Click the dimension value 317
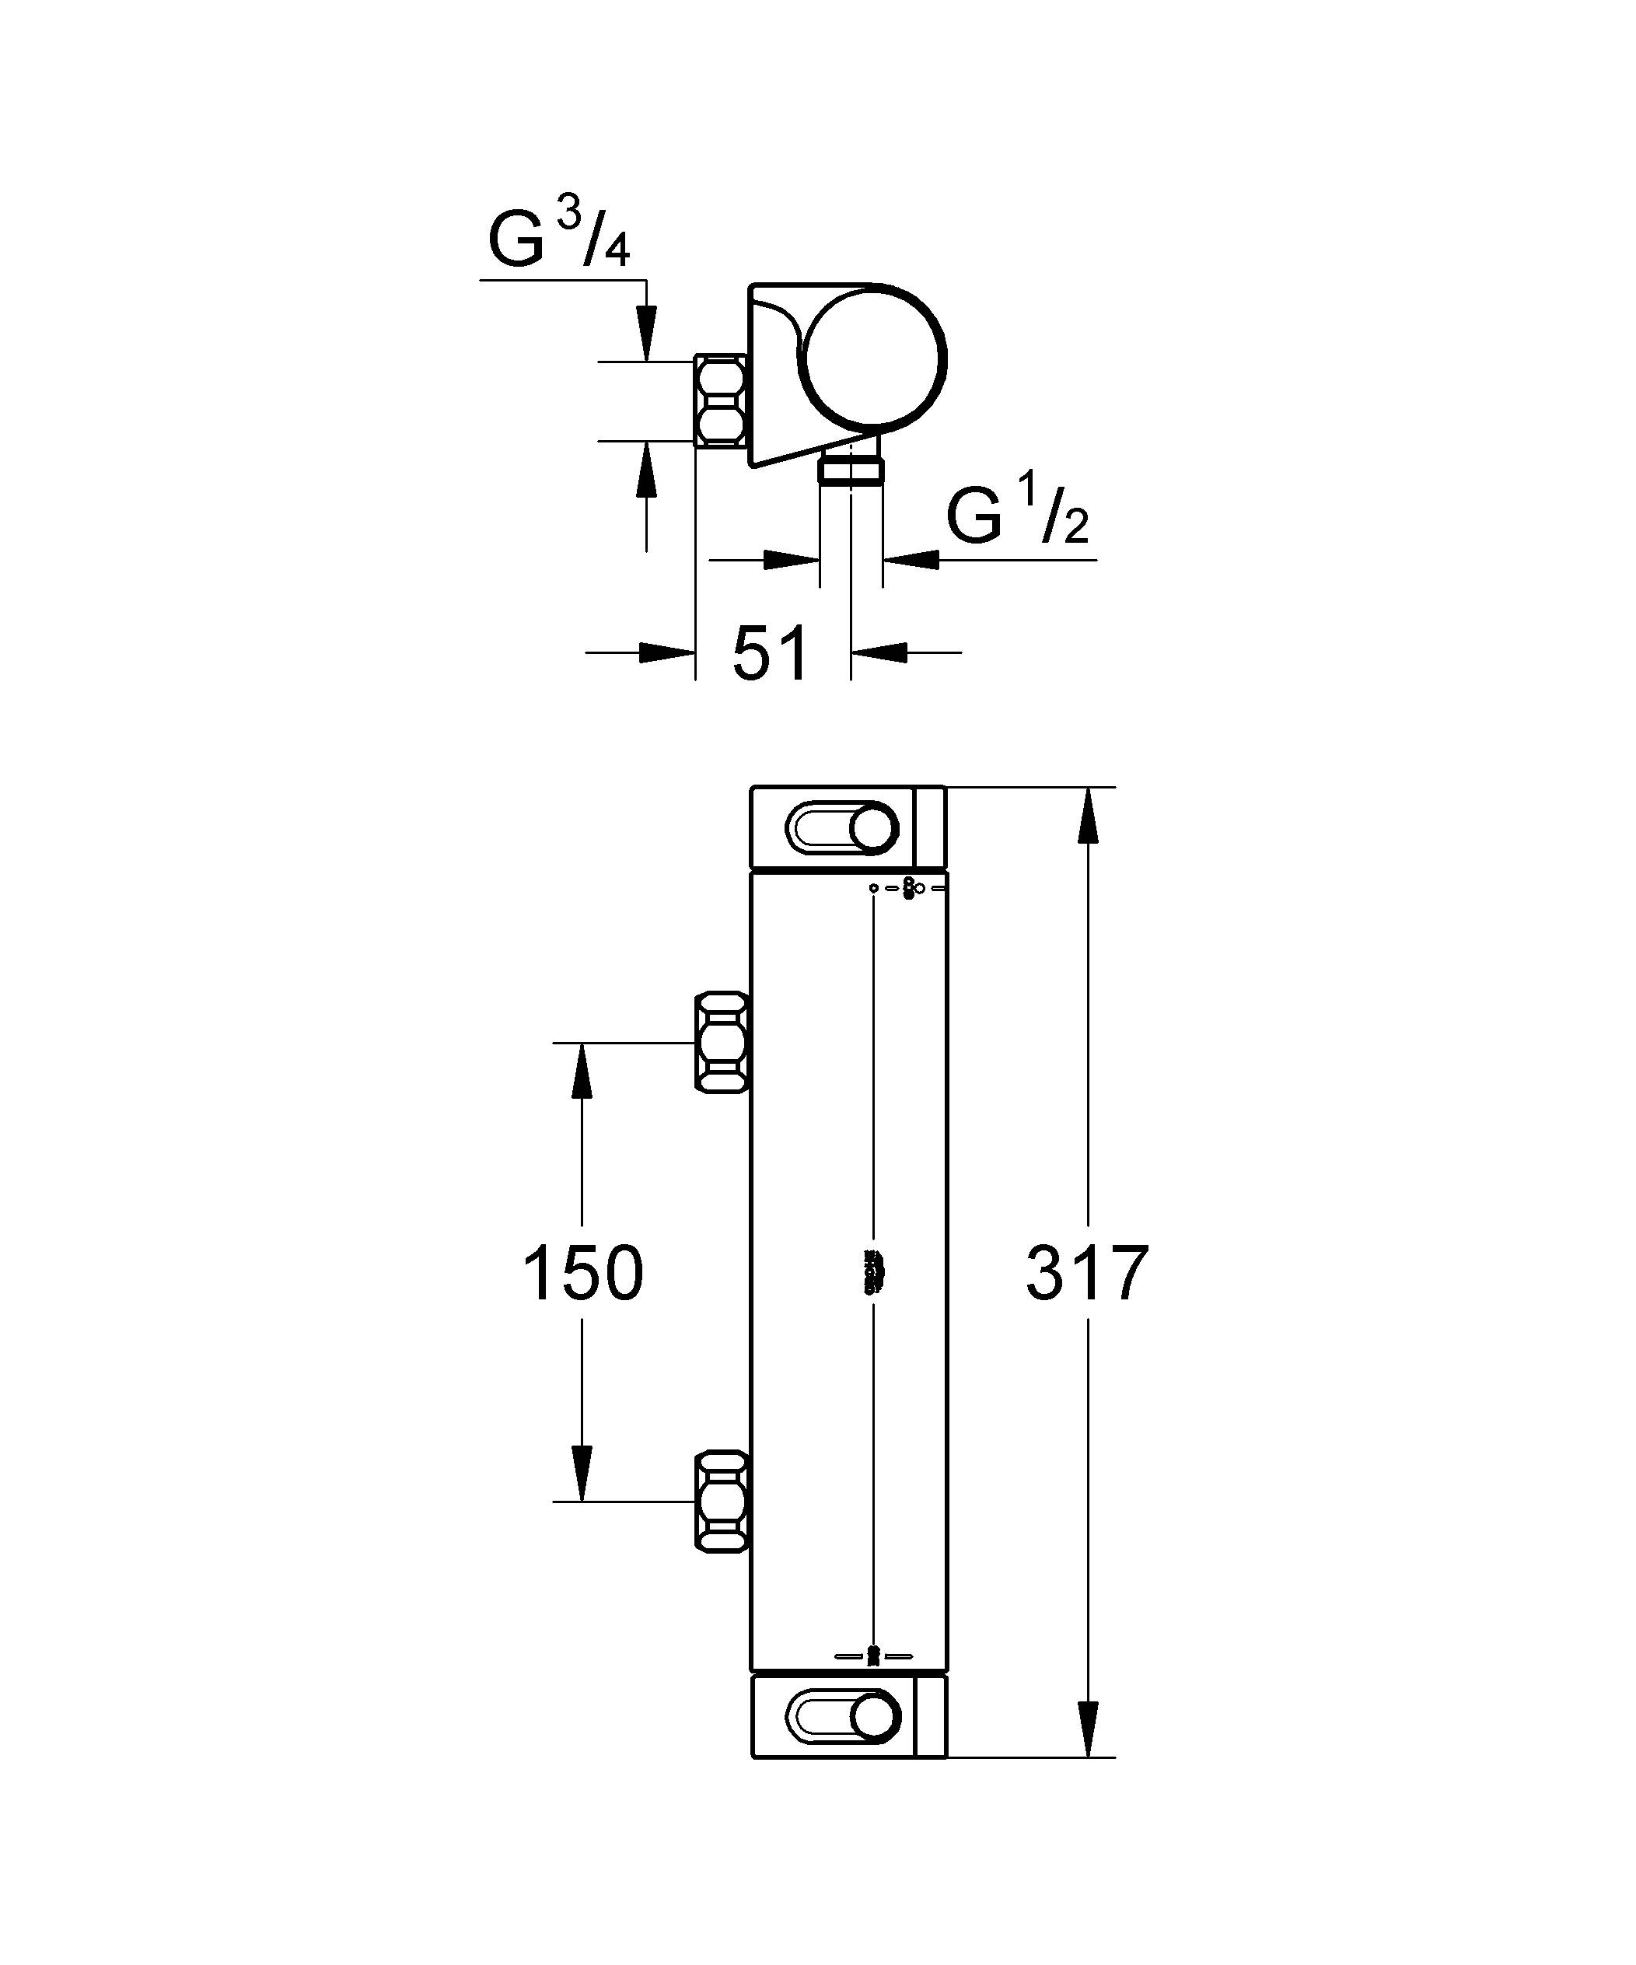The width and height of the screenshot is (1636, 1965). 1086,1274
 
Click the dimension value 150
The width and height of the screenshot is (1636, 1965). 582,1274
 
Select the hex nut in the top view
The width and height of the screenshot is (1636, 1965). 721,400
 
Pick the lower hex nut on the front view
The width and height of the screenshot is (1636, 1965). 722,1502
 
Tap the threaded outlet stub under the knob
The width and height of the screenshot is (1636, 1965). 850,468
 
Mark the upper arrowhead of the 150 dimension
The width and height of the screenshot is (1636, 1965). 582,1068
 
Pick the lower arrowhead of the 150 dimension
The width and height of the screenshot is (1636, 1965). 582,1476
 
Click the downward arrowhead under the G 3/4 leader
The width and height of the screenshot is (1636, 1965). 646,334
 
